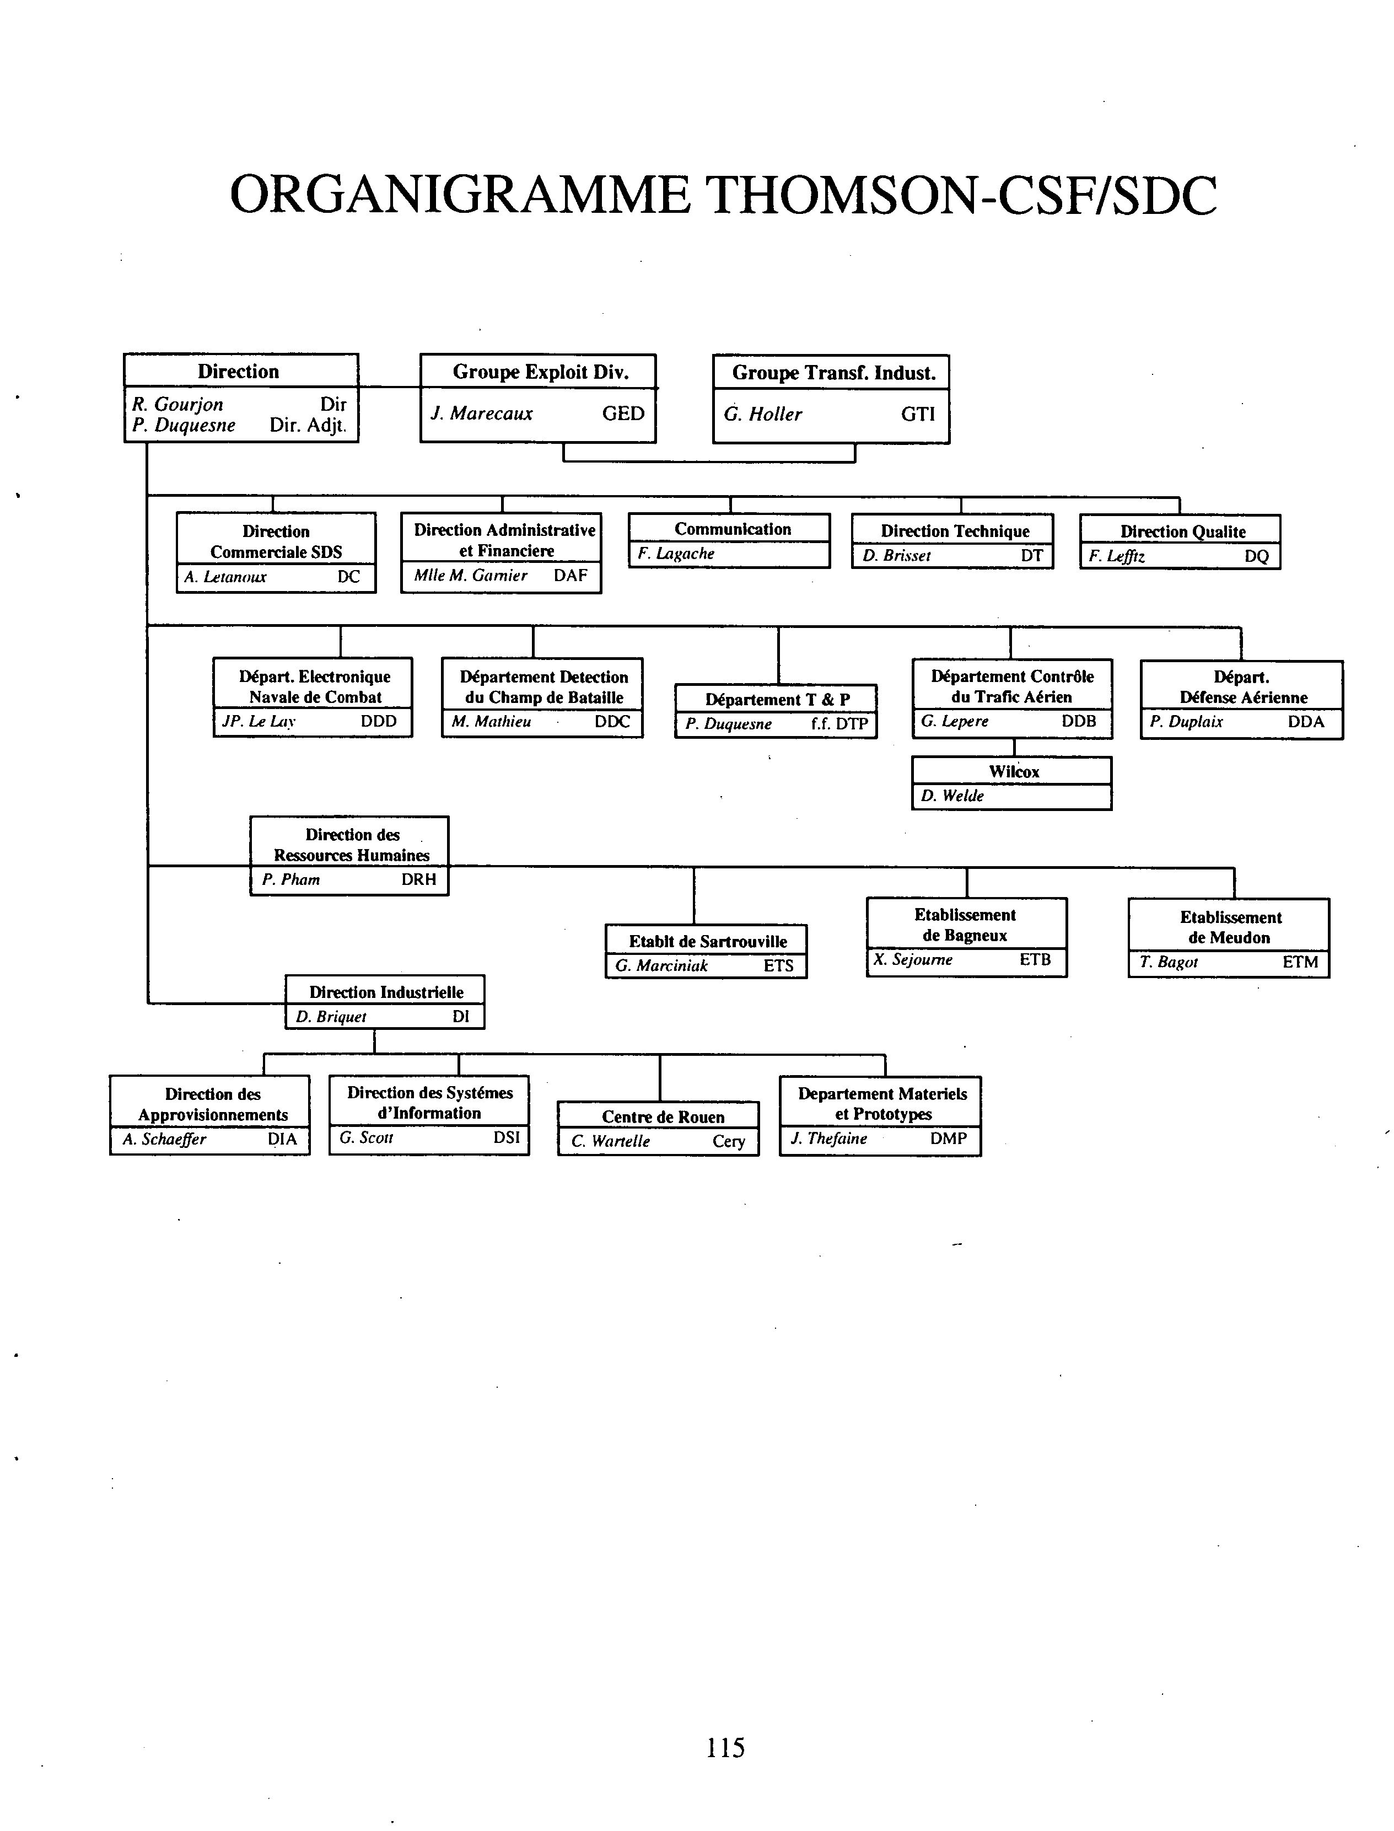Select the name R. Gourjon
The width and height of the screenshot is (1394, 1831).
177,404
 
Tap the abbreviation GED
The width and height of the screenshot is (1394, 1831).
623,414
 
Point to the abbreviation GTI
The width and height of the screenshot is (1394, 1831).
918,414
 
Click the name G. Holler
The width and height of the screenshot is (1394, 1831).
762,414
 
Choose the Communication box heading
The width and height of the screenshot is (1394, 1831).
733,529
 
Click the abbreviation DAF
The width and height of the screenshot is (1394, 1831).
571,575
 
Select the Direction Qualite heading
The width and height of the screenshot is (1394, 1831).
1183,531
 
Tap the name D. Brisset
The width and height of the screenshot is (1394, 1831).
896,555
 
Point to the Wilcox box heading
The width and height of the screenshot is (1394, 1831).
1014,771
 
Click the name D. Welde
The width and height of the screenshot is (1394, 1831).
952,795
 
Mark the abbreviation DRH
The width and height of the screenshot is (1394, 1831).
419,879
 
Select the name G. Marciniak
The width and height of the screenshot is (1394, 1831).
661,965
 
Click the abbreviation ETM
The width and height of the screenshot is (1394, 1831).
1300,962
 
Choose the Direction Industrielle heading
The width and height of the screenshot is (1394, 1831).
386,992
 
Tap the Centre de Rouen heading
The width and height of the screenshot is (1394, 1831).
663,1116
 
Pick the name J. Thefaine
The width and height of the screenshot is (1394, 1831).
829,1138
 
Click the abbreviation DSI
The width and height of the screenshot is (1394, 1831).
506,1137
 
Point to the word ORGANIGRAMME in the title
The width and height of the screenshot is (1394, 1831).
459,196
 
